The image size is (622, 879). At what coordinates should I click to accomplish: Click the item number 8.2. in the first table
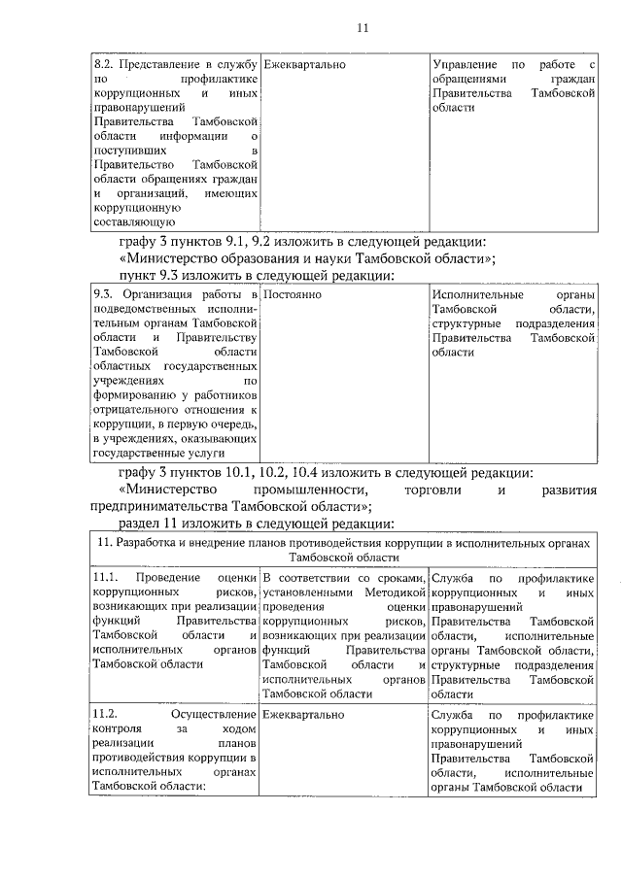coord(104,63)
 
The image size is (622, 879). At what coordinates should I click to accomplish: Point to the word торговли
coord(434,490)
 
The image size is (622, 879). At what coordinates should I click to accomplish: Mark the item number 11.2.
coord(106,714)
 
